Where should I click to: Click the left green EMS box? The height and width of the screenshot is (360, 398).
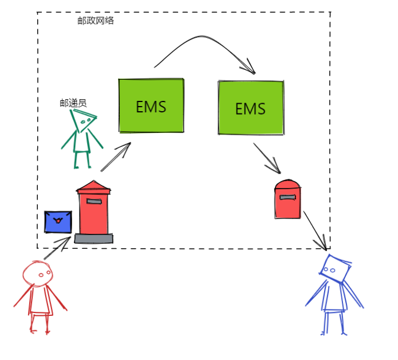151,106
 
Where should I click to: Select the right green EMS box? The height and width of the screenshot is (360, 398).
251,108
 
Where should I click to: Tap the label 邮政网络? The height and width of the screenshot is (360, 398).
96,20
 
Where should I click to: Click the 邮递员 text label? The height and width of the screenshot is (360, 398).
73,103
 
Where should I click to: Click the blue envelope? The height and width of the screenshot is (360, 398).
58,221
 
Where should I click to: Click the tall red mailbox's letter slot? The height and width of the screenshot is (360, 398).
93,201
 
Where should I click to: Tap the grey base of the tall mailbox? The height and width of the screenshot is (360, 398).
93,238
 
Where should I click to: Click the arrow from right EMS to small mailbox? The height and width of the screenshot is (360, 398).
266,158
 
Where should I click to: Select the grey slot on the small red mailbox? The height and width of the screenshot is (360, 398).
287,197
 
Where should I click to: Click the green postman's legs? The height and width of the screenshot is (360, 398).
81,159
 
